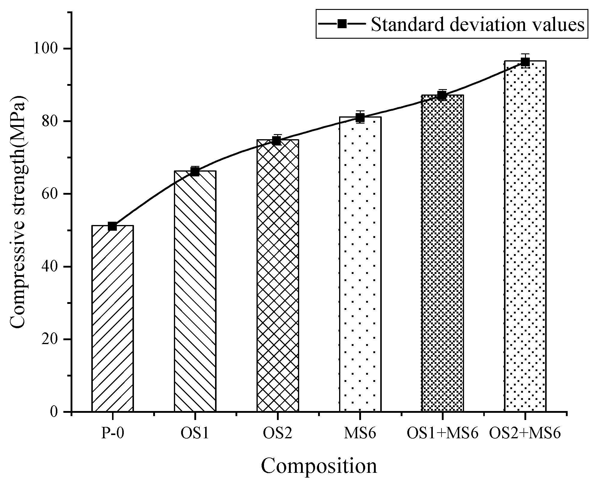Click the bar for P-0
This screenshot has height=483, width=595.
tap(112, 318)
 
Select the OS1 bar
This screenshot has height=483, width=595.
tap(195, 291)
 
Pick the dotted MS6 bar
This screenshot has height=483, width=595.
tap(360, 264)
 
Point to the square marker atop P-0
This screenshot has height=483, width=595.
tap(112, 226)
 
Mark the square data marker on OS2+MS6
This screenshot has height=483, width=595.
tap(525, 62)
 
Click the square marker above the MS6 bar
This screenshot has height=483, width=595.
tap(360, 118)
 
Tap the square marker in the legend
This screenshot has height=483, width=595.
tap(342, 24)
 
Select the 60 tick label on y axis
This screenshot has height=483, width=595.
tap(53, 194)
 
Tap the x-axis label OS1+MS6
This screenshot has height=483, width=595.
tap(442, 433)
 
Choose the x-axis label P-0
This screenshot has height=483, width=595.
tap(112, 433)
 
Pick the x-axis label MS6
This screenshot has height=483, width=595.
tap(360, 433)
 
